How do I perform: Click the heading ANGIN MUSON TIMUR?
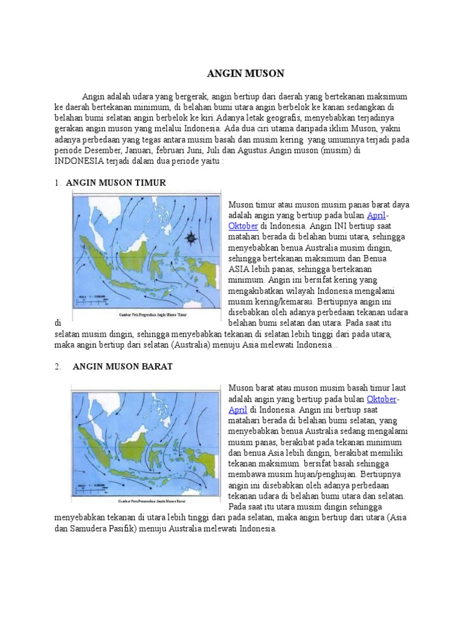115,183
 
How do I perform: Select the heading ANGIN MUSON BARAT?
123,366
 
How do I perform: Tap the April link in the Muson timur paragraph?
376,215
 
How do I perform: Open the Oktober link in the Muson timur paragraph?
243,226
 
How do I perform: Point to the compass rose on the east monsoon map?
192,237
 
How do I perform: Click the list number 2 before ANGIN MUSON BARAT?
57,366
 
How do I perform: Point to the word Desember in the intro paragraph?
101,151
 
